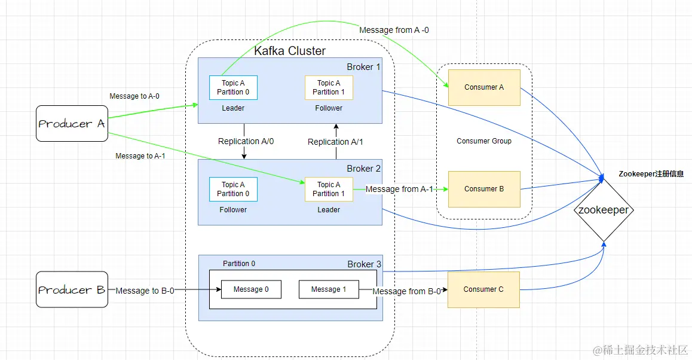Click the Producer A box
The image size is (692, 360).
(72, 124)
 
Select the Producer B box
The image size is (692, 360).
(72, 290)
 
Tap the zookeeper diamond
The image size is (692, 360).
(604, 210)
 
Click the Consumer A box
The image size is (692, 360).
(484, 87)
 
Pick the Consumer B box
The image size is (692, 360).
(484, 189)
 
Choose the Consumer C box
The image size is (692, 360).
(483, 289)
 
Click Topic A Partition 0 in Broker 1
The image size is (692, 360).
(233, 88)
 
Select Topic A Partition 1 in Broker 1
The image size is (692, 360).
(329, 88)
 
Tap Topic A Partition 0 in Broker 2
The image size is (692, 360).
(233, 190)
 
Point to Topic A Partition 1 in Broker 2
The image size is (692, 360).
(329, 190)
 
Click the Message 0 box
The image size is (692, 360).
(251, 289)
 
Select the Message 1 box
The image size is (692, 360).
(329, 289)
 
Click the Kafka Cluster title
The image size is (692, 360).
(290, 51)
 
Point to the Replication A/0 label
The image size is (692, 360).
(246, 142)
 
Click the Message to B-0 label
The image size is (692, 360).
(145, 291)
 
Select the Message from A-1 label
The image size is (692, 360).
(399, 189)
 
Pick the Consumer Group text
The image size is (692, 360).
(484, 141)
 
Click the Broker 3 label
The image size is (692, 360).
(364, 264)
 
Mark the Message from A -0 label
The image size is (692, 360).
(394, 30)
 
